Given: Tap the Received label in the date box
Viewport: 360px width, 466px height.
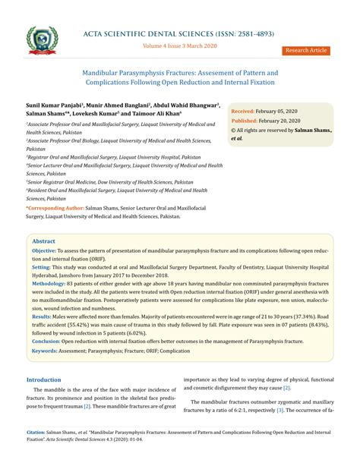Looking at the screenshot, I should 248,111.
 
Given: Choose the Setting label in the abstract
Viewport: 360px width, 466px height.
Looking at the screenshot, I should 41,268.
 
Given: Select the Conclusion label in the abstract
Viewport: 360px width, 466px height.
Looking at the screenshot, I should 46,342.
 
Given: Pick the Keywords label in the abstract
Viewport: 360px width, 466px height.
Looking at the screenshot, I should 45,351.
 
